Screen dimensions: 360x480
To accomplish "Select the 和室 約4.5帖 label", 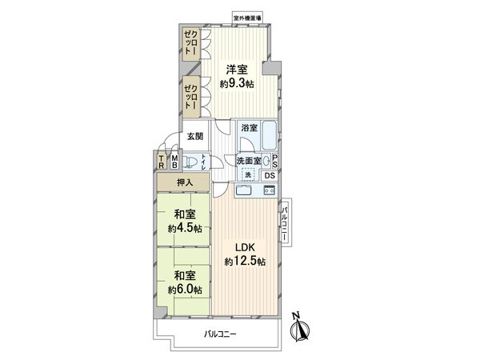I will [185, 221].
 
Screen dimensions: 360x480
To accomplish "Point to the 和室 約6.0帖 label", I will [185, 282].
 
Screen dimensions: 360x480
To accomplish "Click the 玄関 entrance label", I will [196, 136].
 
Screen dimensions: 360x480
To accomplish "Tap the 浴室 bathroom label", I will [249, 127].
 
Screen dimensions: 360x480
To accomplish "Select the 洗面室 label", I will [249, 161].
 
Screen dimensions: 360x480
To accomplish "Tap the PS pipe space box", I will [274, 160].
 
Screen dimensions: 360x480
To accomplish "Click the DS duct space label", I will [270, 176].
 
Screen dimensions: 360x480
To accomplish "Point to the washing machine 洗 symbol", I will [247, 176].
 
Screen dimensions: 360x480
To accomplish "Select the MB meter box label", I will [174, 162].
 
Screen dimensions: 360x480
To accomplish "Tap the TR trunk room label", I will [161, 162].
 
